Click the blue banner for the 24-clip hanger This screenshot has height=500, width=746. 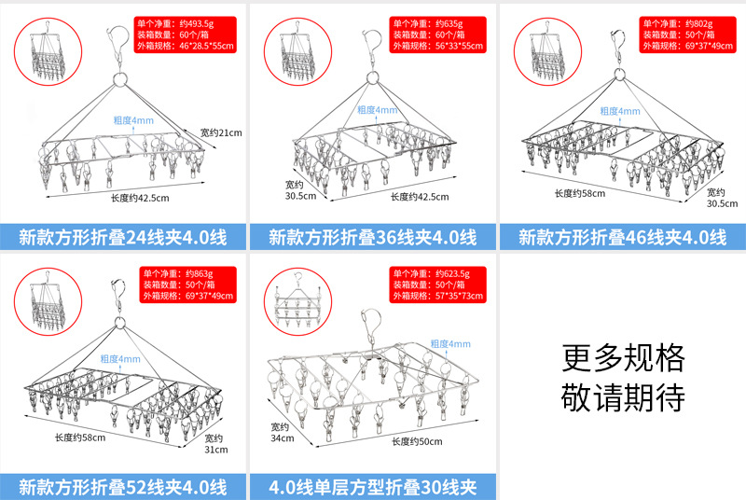[x=123, y=236]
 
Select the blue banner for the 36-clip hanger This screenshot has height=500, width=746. [x=372, y=236]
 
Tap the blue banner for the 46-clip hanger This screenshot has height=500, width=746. [x=621, y=236]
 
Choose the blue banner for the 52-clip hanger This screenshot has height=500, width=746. [x=123, y=486]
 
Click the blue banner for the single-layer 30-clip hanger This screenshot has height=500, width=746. [x=372, y=486]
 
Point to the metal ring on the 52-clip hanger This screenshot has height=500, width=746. [x=119, y=326]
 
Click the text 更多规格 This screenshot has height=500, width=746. [x=623, y=357]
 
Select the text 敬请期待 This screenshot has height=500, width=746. [x=623, y=397]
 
